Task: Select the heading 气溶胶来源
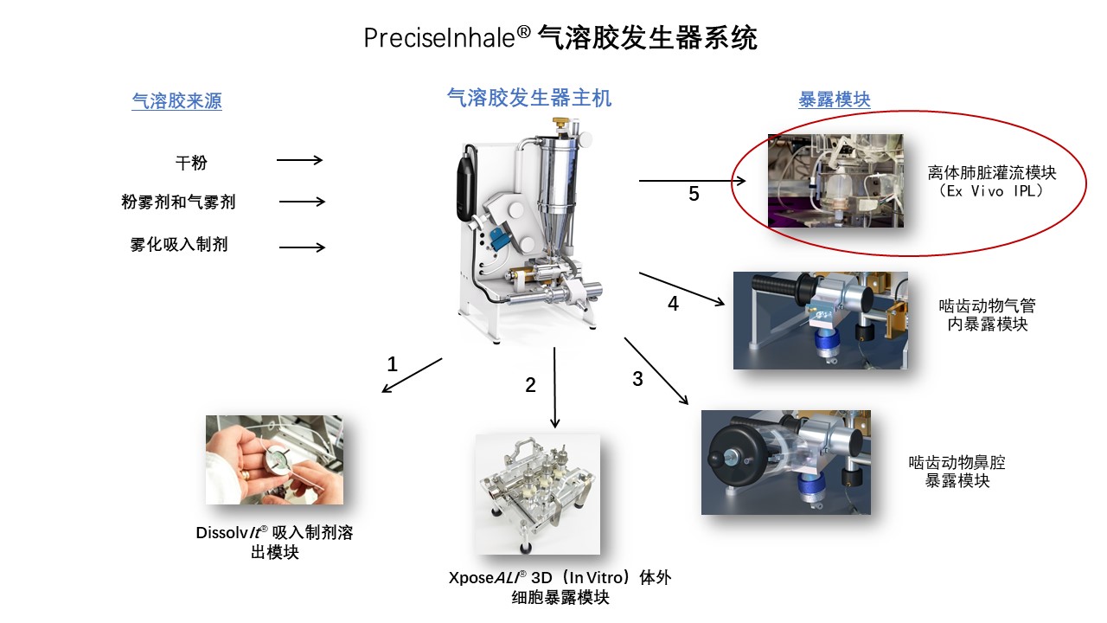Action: [176, 102]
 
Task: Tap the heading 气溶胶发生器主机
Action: [529, 99]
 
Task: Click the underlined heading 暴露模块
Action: [834, 100]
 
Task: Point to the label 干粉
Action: [191, 162]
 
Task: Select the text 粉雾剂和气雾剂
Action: [178, 202]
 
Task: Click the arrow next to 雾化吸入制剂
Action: [302, 247]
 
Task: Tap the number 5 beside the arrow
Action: [694, 195]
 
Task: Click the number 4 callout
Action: [673, 304]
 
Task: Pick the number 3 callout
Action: [638, 379]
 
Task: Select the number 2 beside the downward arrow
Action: [531, 386]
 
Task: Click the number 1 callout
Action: [393, 364]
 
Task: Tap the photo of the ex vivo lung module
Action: [835, 181]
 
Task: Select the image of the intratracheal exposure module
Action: [820, 320]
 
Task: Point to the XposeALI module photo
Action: [537, 494]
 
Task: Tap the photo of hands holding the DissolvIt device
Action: [274, 459]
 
